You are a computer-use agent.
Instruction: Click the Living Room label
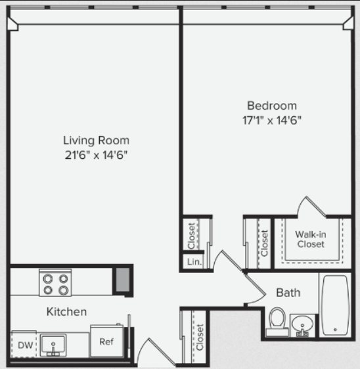click(x=96, y=141)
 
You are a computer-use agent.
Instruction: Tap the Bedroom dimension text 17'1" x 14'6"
click(x=272, y=121)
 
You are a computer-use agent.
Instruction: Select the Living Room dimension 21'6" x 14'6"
click(x=96, y=156)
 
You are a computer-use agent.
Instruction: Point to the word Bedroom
click(x=272, y=106)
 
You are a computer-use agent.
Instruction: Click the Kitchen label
click(x=66, y=312)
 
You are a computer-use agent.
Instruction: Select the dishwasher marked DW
click(x=24, y=344)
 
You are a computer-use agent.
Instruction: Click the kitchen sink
click(x=53, y=345)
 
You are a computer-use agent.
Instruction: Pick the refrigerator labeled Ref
click(x=107, y=341)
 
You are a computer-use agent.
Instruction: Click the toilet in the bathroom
click(x=277, y=322)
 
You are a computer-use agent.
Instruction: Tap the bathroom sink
click(x=302, y=326)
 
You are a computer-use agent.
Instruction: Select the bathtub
click(x=335, y=305)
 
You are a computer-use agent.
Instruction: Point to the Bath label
click(x=288, y=293)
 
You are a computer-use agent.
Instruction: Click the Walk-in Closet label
click(x=311, y=240)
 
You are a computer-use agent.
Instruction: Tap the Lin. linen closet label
click(x=194, y=262)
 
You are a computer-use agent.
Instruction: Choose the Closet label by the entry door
click(x=200, y=337)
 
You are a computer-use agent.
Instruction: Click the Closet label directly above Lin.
click(x=191, y=236)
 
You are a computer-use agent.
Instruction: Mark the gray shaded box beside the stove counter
click(x=123, y=280)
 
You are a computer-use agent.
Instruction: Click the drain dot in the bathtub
click(x=335, y=330)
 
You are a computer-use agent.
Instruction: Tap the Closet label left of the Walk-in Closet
click(x=264, y=243)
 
